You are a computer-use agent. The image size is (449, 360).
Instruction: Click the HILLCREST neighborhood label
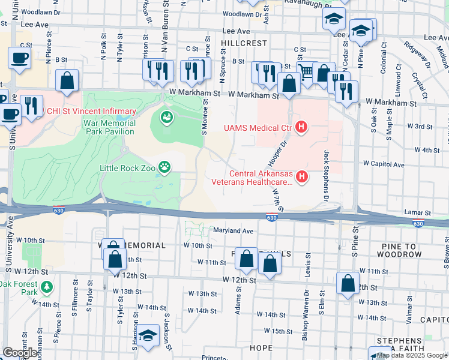[x=243, y=44]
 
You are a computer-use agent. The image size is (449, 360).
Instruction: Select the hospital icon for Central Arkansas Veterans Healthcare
[x=303, y=176]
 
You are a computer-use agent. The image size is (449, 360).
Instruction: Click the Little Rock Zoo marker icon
[x=163, y=168]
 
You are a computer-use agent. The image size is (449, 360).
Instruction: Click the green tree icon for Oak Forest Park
[x=47, y=289]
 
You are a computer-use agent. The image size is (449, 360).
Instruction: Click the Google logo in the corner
[x=20, y=353]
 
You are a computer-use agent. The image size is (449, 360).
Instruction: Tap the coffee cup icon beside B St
[x=19, y=58]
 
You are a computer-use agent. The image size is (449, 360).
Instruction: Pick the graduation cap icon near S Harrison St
[x=148, y=336]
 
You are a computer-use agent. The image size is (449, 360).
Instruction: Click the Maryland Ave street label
[x=234, y=230]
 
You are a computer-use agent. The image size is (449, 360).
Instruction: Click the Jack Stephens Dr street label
[x=328, y=175]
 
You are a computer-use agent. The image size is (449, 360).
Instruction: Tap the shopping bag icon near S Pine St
[x=348, y=284]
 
